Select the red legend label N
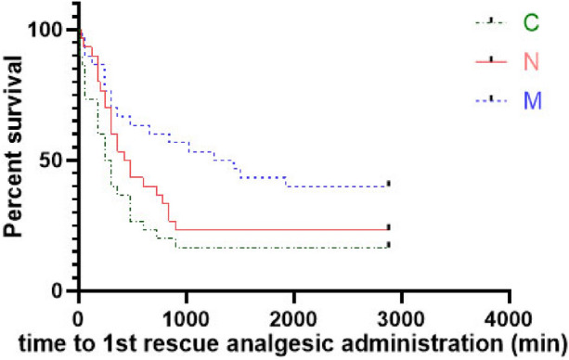click(x=531, y=62)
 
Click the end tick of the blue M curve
click(x=389, y=184)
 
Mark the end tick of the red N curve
click(x=389, y=226)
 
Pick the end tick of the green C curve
click(x=389, y=245)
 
